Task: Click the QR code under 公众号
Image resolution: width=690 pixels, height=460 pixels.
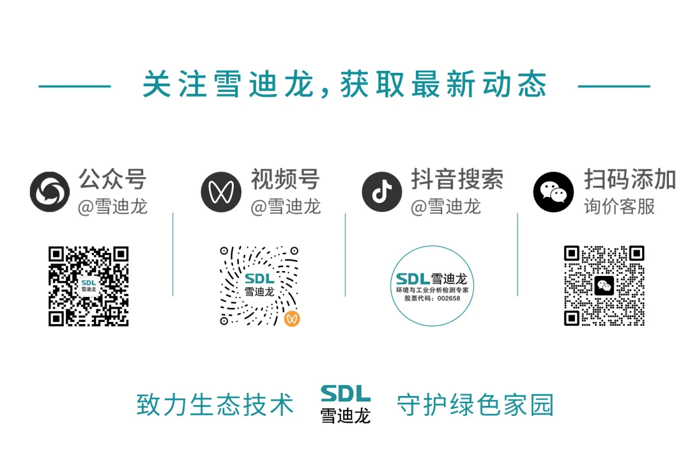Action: coord(89,286)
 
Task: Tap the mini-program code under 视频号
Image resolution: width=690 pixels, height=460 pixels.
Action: coord(259,286)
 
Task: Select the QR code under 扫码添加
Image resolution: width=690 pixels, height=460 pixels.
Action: coord(604,286)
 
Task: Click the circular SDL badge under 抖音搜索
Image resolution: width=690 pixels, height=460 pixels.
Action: coord(432,286)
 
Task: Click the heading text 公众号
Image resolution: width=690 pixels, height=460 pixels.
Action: coord(112,180)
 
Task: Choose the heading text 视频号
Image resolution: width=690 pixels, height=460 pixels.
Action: coord(284,180)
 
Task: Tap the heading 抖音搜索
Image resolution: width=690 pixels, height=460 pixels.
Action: coord(457,180)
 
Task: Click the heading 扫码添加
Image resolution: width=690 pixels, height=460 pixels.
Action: coord(629,180)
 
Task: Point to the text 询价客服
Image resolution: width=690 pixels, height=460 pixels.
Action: coord(619,206)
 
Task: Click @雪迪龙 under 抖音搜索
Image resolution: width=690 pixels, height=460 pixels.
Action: coord(445,206)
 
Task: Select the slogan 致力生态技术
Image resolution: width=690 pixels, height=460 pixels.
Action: coord(215,405)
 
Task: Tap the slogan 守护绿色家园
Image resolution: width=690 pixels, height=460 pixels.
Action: coord(475,405)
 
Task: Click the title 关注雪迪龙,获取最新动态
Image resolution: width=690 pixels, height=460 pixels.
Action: coord(344,85)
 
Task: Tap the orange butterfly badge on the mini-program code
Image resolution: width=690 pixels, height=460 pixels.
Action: coord(291,318)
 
